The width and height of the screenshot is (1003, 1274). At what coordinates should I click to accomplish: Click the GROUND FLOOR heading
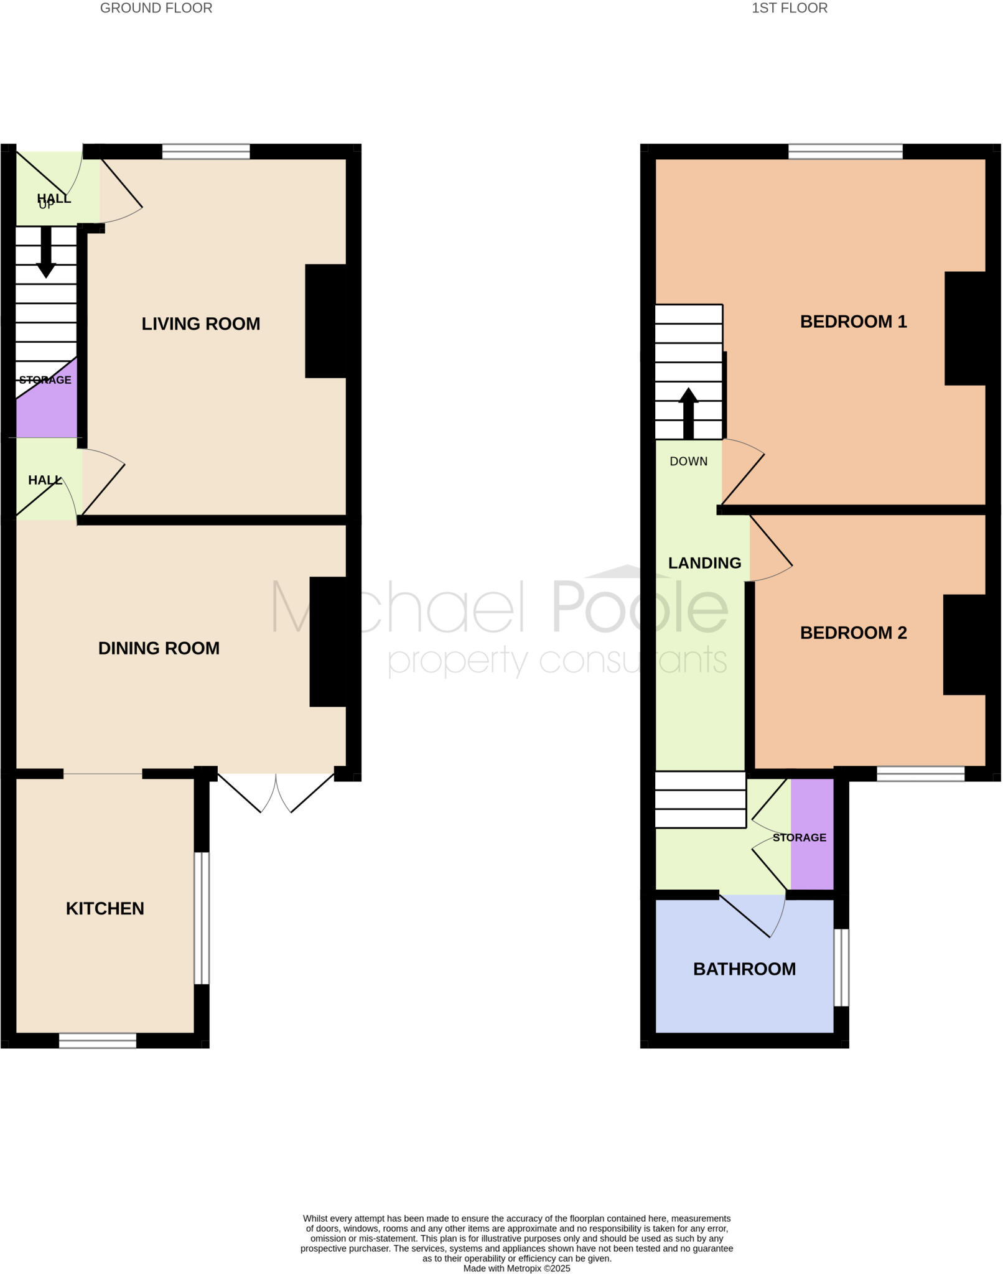[156, 8]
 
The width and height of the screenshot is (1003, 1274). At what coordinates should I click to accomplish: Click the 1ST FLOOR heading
[789, 8]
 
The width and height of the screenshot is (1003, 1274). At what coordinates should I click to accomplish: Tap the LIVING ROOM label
[200, 323]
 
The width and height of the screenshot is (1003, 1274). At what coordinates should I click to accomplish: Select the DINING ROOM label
[159, 648]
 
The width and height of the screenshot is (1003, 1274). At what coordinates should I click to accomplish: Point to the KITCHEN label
[105, 908]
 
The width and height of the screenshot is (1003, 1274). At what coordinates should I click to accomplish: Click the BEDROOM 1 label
[853, 322]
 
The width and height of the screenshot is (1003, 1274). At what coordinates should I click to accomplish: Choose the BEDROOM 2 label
[853, 633]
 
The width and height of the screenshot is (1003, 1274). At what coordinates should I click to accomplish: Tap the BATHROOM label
[744, 969]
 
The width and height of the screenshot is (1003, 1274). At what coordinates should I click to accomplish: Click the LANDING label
[704, 563]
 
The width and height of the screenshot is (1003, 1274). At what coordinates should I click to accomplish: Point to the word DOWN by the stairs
[688, 461]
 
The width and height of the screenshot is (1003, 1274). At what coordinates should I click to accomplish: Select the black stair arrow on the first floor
[688, 414]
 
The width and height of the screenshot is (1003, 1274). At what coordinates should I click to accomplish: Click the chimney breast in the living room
[325, 321]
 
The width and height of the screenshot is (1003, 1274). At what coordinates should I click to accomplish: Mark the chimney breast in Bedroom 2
[964, 644]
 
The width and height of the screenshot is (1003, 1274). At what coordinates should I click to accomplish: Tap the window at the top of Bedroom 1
[845, 151]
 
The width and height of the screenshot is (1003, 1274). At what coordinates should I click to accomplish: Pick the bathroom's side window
[841, 967]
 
